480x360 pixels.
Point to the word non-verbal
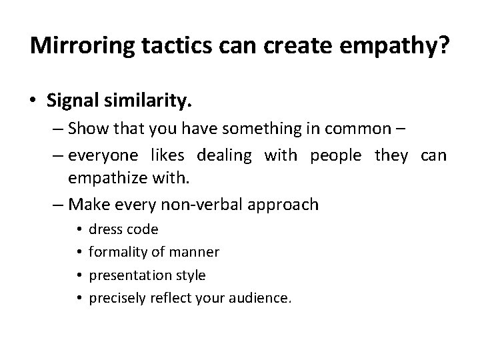(201, 204)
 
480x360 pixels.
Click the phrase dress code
(123, 230)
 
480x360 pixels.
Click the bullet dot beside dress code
(79, 230)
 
